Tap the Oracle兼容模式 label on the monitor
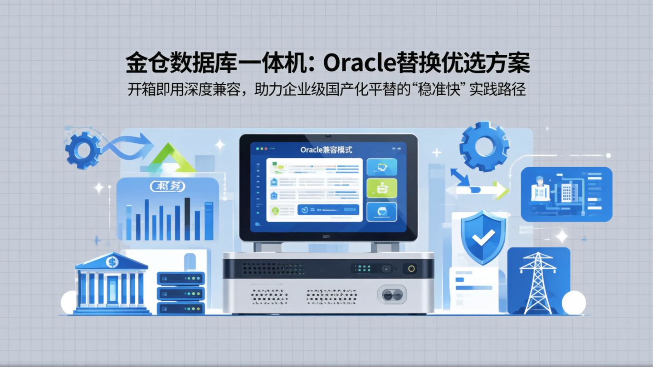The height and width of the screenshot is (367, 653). click(x=326, y=150)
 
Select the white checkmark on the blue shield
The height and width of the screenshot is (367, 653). click(x=482, y=237)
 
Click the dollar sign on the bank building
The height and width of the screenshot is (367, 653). click(x=112, y=262)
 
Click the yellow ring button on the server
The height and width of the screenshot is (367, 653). click(x=411, y=268)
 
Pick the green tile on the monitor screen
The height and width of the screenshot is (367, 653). click(x=381, y=188)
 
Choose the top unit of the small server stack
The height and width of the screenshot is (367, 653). click(x=180, y=278)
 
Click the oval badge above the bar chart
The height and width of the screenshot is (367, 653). click(x=167, y=186)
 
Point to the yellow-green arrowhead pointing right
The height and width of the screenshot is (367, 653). click(x=501, y=190)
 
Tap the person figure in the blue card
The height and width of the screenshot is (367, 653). click(x=540, y=189)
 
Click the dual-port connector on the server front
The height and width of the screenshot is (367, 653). click(x=392, y=295)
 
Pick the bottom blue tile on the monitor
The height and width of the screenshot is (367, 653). click(x=381, y=212)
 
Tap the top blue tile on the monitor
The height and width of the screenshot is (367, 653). click(x=381, y=167)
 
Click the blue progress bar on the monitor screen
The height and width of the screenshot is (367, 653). click(x=328, y=209)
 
